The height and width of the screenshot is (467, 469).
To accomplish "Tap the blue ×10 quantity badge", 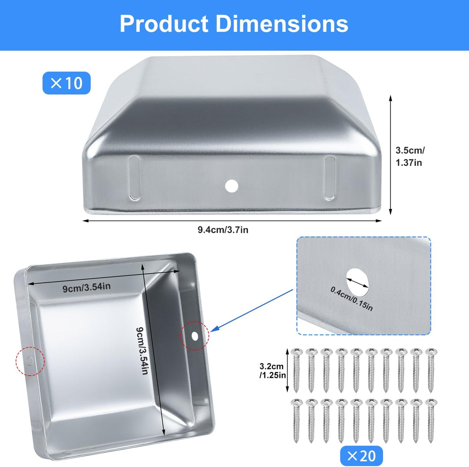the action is pyautogui.click(x=66, y=83).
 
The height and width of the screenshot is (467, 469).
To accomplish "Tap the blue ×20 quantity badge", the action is pyautogui.click(x=361, y=456).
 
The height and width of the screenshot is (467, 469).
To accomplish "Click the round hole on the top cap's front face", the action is pyautogui.click(x=231, y=186).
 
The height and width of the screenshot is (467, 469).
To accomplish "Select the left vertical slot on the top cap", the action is pyautogui.click(x=134, y=178).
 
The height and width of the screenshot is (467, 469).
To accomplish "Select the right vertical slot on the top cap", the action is pyautogui.click(x=330, y=178).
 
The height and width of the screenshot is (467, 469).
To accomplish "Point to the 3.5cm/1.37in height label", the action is pyautogui.click(x=410, y=156).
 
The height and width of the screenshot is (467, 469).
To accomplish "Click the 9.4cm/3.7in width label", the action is pyautogui.click(x=223, y=230).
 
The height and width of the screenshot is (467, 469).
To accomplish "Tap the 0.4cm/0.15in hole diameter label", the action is pyautogui.click(x=352, y=299).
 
